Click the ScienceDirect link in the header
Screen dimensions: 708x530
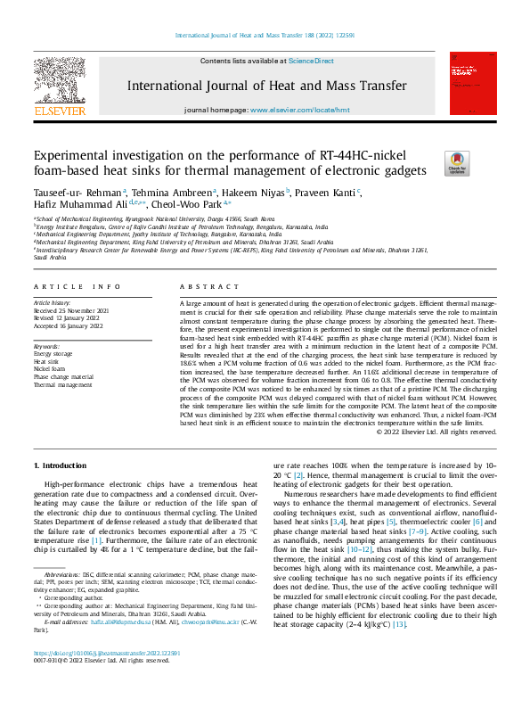pos(311,61)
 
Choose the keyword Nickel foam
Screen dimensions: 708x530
pos(50,367)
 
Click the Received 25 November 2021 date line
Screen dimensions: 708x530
pos(72,311)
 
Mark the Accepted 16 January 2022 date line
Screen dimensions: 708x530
pos(70,326)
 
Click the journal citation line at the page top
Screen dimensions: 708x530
pos(265,36)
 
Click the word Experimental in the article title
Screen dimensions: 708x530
pos(77,154)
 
